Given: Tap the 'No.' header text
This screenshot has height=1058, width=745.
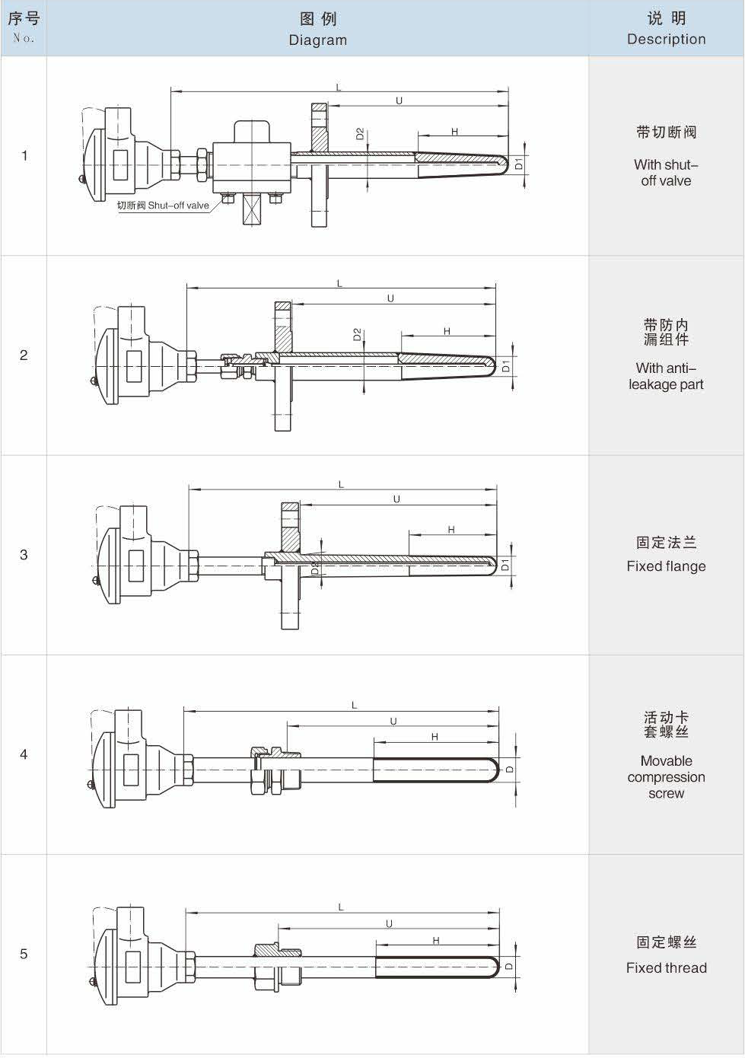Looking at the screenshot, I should click(x=24, y=37).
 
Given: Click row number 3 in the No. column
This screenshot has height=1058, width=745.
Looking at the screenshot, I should click(x=24, y=554).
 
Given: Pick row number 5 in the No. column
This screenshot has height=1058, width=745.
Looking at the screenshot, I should click(x=24, y=954).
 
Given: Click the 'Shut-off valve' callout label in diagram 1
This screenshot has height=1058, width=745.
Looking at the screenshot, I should click(x=163, y=206).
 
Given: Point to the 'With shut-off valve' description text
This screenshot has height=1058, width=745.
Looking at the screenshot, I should click(x=666, y=173).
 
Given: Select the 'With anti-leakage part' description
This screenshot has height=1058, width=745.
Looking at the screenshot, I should click(x=666, y=376).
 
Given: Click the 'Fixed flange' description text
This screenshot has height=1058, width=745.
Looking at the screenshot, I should click(x=666, y=566).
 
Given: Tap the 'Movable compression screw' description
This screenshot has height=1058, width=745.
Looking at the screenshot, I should click(x=666, y=776).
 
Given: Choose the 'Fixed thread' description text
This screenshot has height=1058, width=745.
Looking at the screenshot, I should click(x=666, y=967).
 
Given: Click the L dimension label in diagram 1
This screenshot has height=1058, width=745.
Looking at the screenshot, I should click(x=339, y=88).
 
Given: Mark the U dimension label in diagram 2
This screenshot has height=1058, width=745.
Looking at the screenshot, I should click(x=390, y=298).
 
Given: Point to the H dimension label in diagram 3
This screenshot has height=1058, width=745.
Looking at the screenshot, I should click(x=451, y=530).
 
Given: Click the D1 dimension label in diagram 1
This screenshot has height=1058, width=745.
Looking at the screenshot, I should click(x=519, y=163).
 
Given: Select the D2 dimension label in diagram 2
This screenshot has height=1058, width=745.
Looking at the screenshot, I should click(x=357, y=334).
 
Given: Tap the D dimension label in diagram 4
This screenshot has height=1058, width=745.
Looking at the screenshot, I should click(x=510, y=769).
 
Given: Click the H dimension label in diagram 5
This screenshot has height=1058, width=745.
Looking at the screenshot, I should click(x=436, y=941).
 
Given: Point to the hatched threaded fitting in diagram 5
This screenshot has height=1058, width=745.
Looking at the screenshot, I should click(x=278, y=950).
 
